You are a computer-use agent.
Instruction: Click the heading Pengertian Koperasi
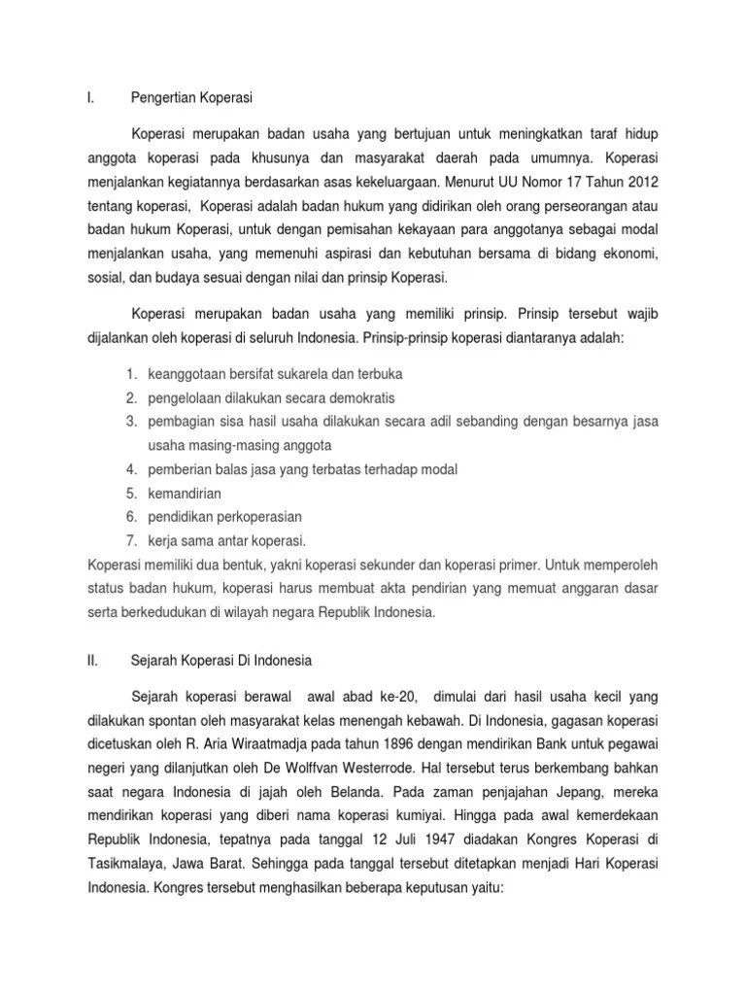pyautogui.click(x=191, y=97)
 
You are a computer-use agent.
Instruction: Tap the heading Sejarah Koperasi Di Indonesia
pyautogui.click(x=220, y=660)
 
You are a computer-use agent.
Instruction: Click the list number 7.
pyautogui.click(x=129, y=540)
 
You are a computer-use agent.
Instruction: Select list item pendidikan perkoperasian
pyautogui.click(x=224, y=517)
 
